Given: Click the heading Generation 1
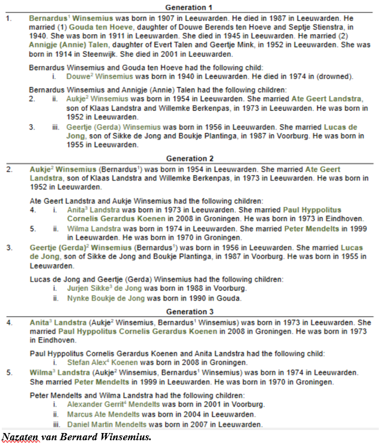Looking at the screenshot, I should tap(190, 7).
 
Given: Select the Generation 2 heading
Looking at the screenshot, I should tap(190, 160).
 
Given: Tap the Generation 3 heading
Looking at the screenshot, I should tap(190, 312).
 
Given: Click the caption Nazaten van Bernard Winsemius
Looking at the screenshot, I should tap(76, 437).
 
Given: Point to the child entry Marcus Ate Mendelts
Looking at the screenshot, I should tap(103, 414).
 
